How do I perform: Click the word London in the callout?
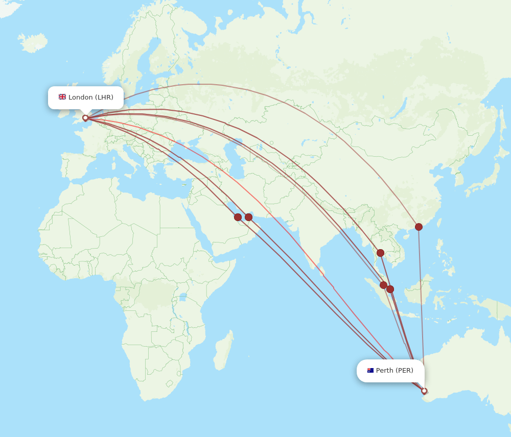[x=80, y=98]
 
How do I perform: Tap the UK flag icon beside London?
[x=62, y=97]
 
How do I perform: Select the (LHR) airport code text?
[x=104, y=98]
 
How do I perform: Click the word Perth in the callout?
[x=384, y=371]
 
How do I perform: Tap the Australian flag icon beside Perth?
[x=370, y=371]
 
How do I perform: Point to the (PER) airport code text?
[x=404, y=371]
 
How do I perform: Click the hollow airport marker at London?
[x=85, y=118]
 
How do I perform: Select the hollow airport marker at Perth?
[x=424, y=391]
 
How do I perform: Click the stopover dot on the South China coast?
[x=419, y=227]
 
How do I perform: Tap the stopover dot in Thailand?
[x=380, y=253]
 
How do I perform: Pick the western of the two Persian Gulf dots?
[x=238, y=217]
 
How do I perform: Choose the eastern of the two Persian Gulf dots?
[x=248, y=217]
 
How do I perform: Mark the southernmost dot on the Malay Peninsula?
[x=390, y=289]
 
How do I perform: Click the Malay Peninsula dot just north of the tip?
[x=383, y=285]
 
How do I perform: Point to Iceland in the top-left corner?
[x=33, y=42]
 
